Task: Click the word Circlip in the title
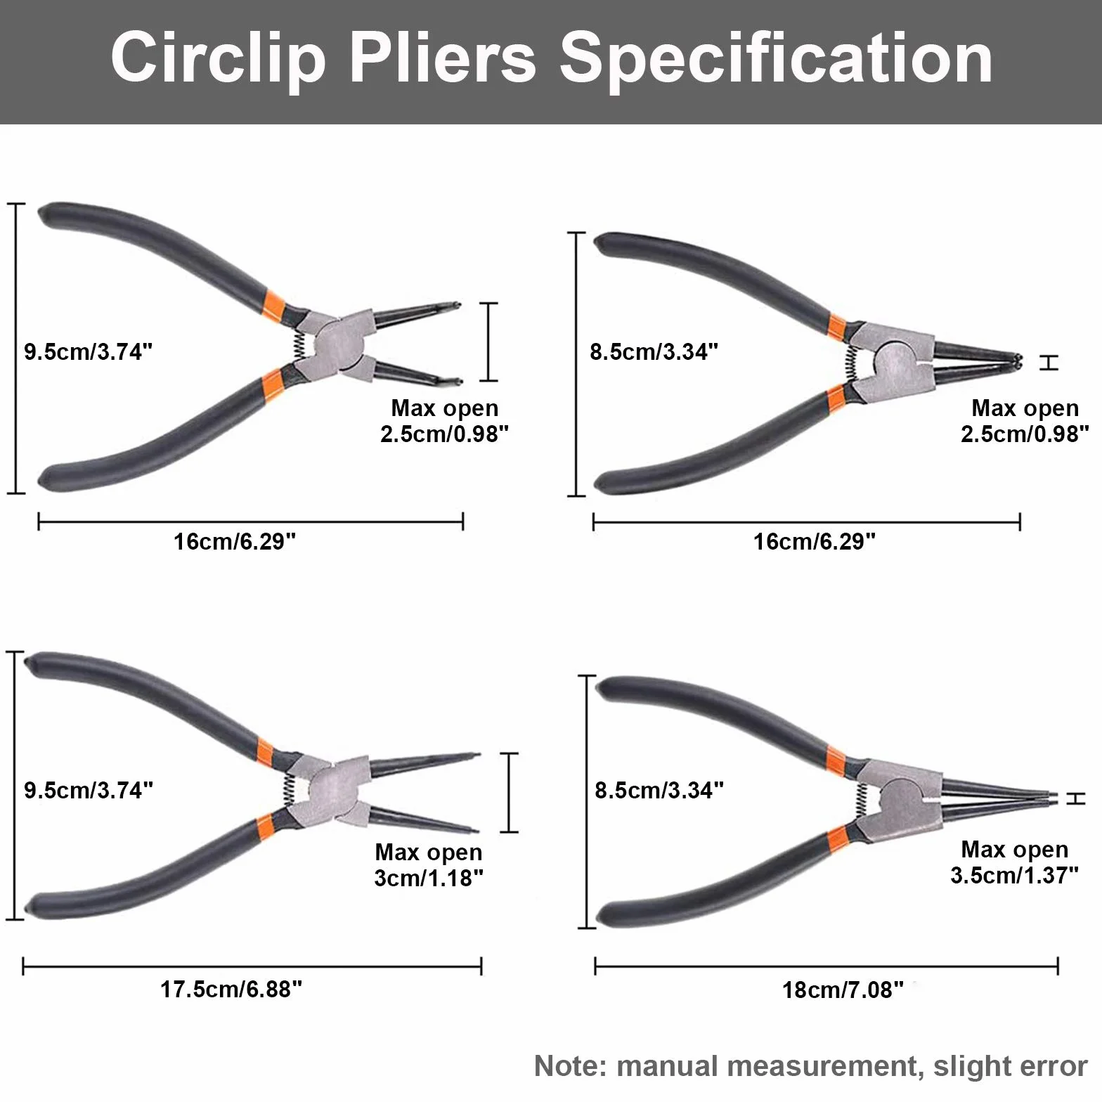[218, 59]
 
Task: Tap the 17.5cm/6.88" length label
[231, 990]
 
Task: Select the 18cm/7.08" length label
[843, 990]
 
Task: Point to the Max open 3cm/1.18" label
[429, 865]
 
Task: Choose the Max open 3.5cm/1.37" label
[1014, 862]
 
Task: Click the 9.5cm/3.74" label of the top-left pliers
[89, 351]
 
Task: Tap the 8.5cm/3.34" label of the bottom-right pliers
[659, 790]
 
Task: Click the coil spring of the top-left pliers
[299, 342]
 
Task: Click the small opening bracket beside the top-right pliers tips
[1048, 363]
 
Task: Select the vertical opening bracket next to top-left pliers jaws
[489, 342]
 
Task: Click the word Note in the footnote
[568, 1066]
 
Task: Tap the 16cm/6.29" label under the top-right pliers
[814, 541]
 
